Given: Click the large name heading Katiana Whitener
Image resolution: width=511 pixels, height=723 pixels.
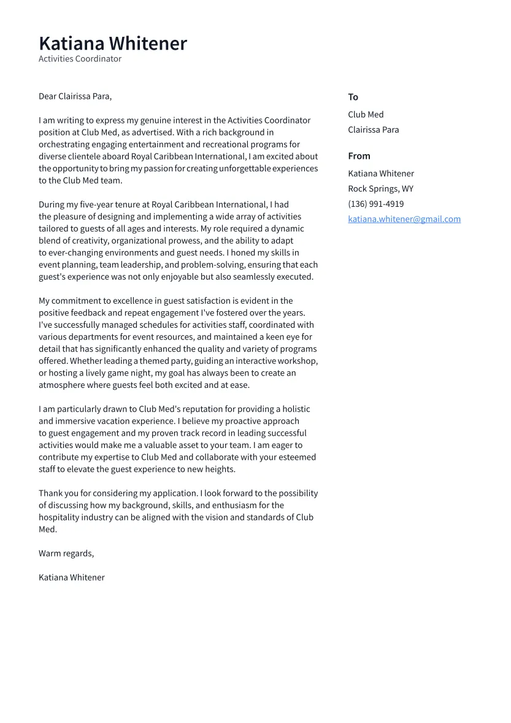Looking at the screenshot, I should point(112,44).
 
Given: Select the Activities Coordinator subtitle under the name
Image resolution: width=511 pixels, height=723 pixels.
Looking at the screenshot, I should point(80,59).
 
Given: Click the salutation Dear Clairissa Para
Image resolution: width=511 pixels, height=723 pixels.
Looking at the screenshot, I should point(75,96).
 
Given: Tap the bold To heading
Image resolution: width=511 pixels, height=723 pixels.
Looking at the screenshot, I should point(353,97).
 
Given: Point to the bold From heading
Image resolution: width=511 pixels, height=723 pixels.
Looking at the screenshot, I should point(359,156).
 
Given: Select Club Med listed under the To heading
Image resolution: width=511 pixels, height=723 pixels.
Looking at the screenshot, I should point(366,115).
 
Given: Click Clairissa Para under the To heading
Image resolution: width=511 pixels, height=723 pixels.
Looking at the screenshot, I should point(373,130).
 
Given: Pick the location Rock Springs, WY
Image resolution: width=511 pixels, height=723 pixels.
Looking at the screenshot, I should point(380,189).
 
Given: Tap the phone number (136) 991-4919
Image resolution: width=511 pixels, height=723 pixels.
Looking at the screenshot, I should point(375,204).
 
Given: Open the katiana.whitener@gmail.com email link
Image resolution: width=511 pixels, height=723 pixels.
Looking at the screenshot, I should point(404,219).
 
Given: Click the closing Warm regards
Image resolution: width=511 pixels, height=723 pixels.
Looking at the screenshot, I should point(66,554).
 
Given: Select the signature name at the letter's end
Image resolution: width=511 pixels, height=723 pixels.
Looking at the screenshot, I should point(71,578).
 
